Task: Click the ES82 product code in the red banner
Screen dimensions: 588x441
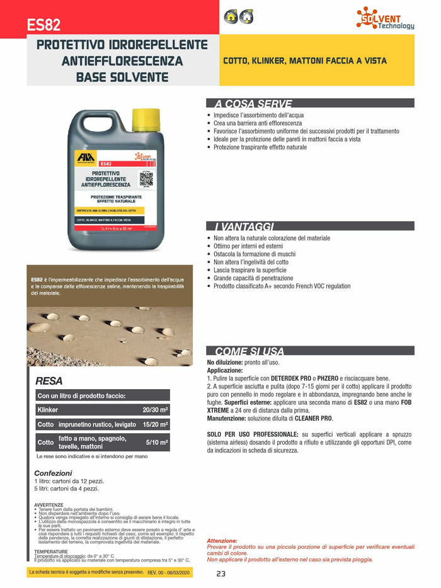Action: (43, 25)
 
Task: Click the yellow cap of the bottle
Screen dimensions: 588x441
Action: (146, 117)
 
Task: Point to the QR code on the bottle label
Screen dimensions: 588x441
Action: (146, 178)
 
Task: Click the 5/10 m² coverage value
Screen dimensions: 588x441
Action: (155, 443)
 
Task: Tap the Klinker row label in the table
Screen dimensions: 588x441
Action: (48, 410)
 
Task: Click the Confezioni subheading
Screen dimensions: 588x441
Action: (53, 473)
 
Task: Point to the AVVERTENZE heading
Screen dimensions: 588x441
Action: (49, 505)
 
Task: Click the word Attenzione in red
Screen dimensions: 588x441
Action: (222, 541)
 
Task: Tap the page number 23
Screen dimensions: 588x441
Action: (220, 574)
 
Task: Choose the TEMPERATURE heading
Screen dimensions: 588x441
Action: (51, 551)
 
